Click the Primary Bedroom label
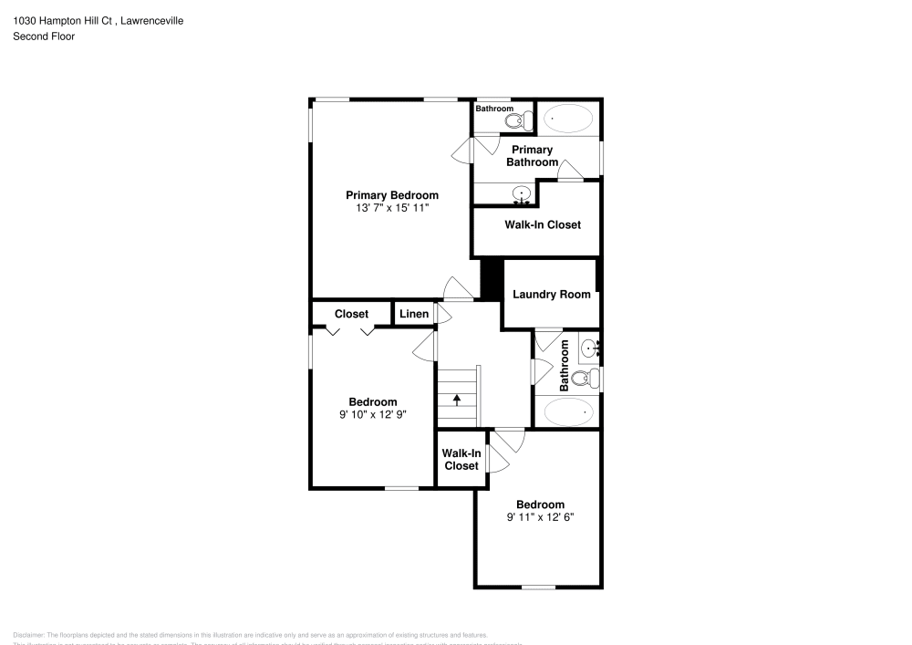[x=391, y=195]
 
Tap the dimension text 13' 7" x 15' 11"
[x=391, y=208]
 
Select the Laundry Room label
[x=551, y=295]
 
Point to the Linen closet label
[x=414, y=314]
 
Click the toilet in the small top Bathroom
[x=517, y=120]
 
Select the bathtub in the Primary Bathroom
[x=566, y=119]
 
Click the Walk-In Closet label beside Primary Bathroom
[x=542, y=224]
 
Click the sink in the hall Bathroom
[x=589, y=347]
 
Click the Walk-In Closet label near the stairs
[x=461, y=459]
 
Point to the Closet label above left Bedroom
[x=351, y=314]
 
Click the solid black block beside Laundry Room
[x=492, y=277]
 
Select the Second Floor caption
[x=44, y=36]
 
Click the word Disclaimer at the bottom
[x=29, y=635]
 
